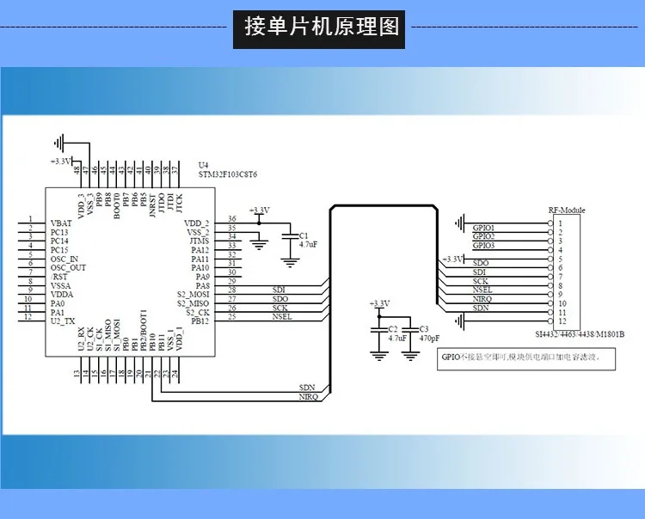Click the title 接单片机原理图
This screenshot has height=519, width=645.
coord(322,27)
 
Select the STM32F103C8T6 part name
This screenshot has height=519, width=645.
coord(228,174)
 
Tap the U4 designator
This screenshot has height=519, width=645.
coord(203,165)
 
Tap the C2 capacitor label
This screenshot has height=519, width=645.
coord(393,329)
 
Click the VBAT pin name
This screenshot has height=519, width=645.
coord(61,222)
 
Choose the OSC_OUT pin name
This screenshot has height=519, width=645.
coord(68,268)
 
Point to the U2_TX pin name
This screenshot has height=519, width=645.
coord(63,319)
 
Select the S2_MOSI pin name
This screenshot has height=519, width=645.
coord(193,295)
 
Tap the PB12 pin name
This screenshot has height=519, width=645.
coord(200,321)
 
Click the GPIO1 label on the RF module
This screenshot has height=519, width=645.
coord(483,228)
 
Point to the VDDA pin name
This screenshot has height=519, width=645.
coord(62,295)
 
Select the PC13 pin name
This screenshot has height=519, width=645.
coord(60,231)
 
